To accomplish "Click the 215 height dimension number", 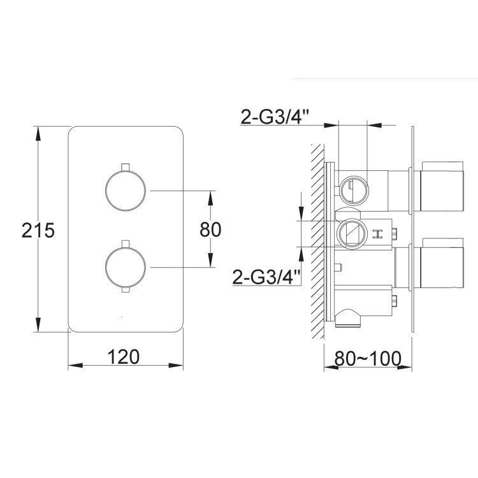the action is tap(38, 230).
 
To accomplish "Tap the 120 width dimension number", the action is tap(124, 357).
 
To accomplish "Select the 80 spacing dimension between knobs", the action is tap(210, 229).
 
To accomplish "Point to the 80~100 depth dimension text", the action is tap(368, 358).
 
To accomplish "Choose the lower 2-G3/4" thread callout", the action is tap(267, 277).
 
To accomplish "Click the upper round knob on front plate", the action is tap(126, 191).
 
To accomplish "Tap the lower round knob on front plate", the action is tap(126, 267).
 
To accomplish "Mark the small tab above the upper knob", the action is tap(126, 167).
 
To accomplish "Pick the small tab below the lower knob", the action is tap(126, 289).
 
